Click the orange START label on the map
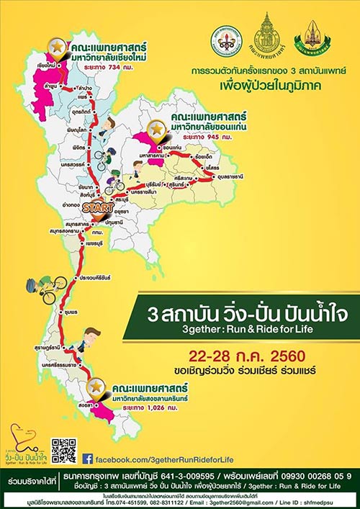96,207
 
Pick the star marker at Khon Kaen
156,129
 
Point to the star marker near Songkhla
96,387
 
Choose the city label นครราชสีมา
145,192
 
